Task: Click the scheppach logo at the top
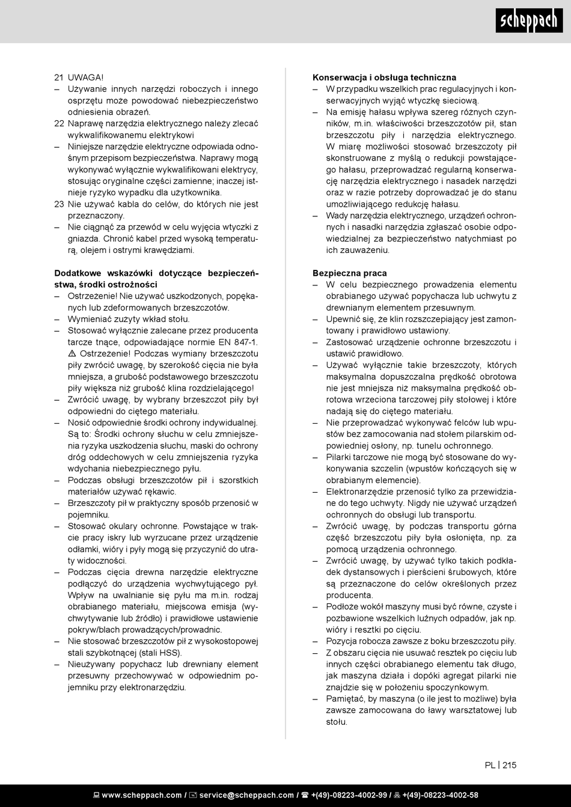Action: click(x=529, y=22)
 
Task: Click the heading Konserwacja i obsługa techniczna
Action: click(x=384, y=78)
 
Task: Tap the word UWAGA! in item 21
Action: click(x=85, y=78)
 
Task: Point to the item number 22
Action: click(x=59, y=123)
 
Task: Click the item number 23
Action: click(x=59, y=204)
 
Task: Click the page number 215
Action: click(x=509, y=765)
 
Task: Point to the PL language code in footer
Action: click(x=490, y=765)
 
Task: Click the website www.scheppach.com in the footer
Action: click(x=142, y=795)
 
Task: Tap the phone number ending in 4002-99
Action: click(x=349, y=795)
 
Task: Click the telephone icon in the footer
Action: click(x=305, y=795)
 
